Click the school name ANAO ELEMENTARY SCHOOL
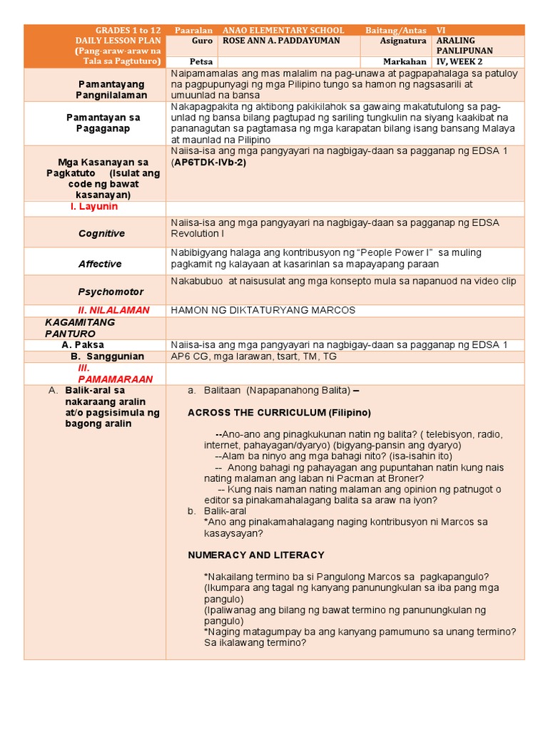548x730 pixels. (x=283, y=31)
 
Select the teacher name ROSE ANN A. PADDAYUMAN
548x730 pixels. (x=282, y=41)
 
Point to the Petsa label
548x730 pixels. (x=203, y=62)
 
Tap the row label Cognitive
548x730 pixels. (x=101, y=233)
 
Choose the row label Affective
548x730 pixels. (x=100, y=264)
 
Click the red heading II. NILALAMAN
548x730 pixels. (x=113, y=310)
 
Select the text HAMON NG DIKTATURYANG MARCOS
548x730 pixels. (x=263, y=310)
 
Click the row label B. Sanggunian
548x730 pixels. (x=107, y=356)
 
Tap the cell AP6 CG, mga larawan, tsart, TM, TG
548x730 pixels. (x=253, y=356)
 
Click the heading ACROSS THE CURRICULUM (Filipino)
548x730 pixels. (x=279, y=413)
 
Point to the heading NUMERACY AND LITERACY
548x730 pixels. (x=256, y=555)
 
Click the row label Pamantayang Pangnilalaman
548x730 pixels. (x=113, y=90)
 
